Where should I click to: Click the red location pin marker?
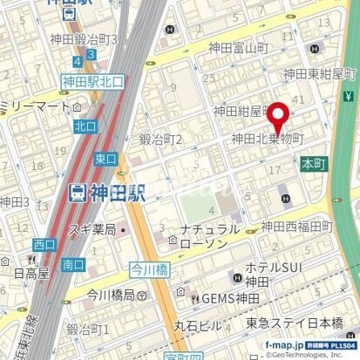tap(278, 117)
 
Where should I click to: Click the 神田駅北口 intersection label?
tap(93, 82)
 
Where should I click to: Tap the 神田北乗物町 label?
tap(267, 139)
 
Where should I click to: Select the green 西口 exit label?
tap(44, 245)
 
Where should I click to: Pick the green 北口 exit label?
tap(85, 126)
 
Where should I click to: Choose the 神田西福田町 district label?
tap(298, 226)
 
